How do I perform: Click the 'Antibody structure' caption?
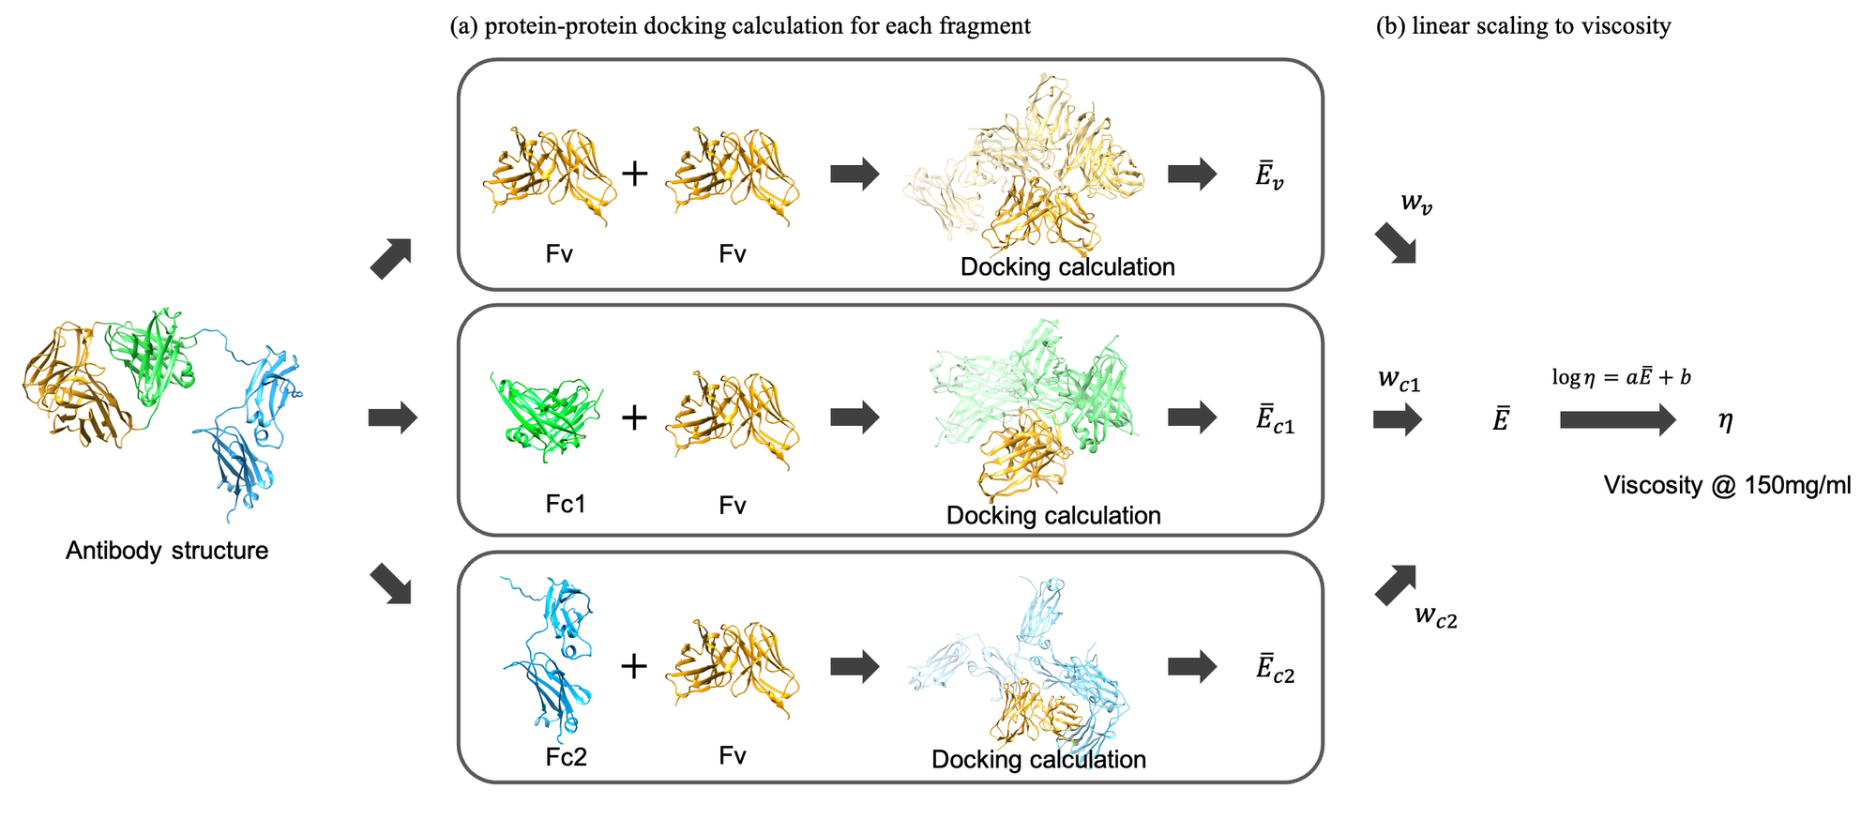click(x=167, y=551)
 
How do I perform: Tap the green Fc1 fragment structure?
click(x=546, y=417)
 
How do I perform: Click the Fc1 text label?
click(x=566, y=505)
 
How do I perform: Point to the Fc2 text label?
click(x=566, y=756)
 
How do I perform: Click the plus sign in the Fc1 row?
click(x=634, y=417)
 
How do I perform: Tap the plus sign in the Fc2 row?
click(x=634, y=666)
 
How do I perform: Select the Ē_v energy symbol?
click(x=1269, y=175)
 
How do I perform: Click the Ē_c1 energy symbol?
click(x=1275, y=419)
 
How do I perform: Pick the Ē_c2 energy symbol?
click(x=1275, y=669)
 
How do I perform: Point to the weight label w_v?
click(x=1416, y=203)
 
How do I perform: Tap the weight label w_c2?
click(x=1435, y=616)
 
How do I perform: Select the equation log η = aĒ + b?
click(x=1621, y=377)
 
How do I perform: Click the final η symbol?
click(x=1725, y=420)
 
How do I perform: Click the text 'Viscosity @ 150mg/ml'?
click(x=1727, y=485)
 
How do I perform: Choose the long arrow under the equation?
click(x=1617, y=419)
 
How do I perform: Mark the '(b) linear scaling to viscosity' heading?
click(x=1523, y=25)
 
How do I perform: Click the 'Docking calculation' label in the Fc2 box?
click(x=1038, y=759)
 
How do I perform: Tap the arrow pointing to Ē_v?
click(x=1192, y=174)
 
